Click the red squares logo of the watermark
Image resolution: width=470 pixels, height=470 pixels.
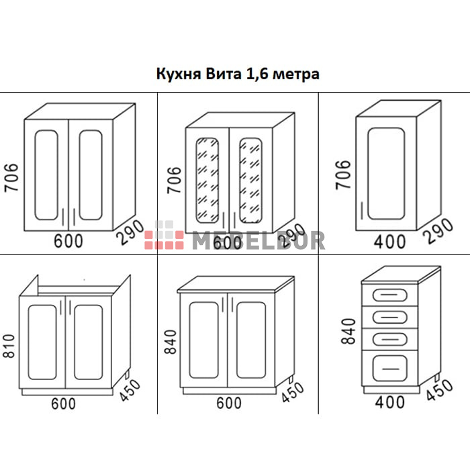coord(164,236)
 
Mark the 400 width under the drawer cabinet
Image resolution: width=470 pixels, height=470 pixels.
coord(390,402)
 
